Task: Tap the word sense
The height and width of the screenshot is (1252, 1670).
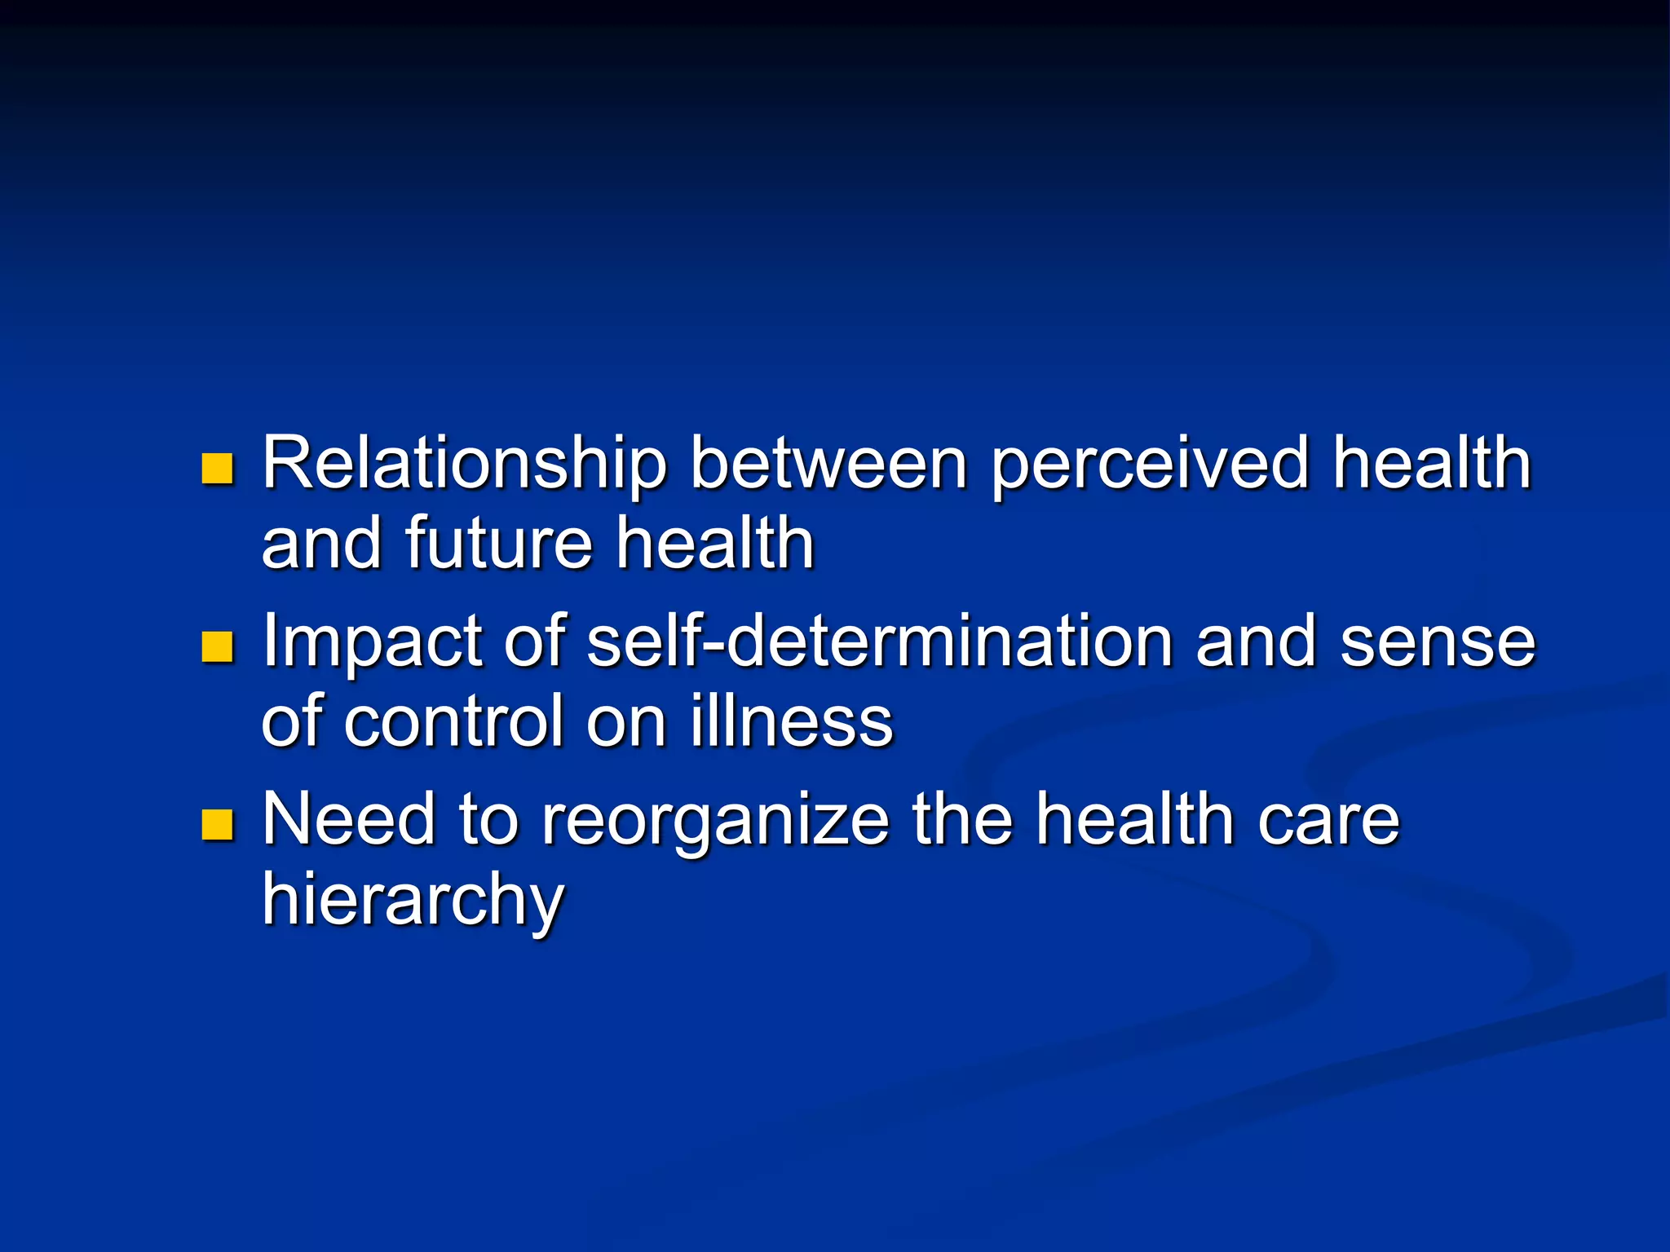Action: click(x=1438, y=642)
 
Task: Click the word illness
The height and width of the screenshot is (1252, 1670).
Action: click(x=792, y=721)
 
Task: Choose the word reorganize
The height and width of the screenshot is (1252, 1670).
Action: click(x=715, y=822)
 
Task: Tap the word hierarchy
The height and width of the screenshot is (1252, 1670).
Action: click(x=413, y=900)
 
